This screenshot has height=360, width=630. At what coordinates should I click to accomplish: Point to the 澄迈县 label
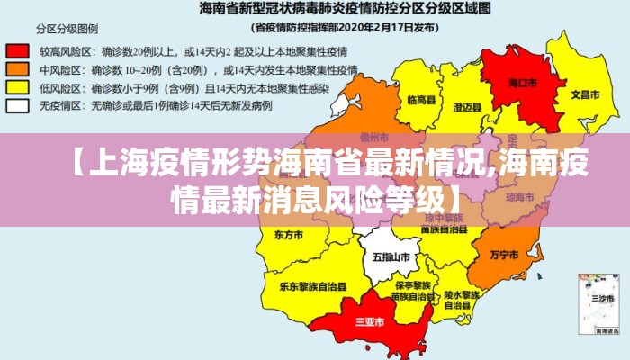[467, 106]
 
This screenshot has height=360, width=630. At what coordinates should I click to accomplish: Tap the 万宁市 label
[504, 255]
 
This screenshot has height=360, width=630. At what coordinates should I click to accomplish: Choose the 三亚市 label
[370, 320]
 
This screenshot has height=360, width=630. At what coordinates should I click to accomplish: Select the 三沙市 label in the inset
[600, 296]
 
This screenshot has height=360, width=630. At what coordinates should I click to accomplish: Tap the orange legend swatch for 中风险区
[17, 69]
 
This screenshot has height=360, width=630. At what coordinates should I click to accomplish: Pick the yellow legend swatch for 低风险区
[17, 87]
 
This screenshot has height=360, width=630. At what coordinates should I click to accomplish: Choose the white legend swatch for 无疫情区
[17, 105]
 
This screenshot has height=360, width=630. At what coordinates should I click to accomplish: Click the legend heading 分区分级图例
[67, 28]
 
